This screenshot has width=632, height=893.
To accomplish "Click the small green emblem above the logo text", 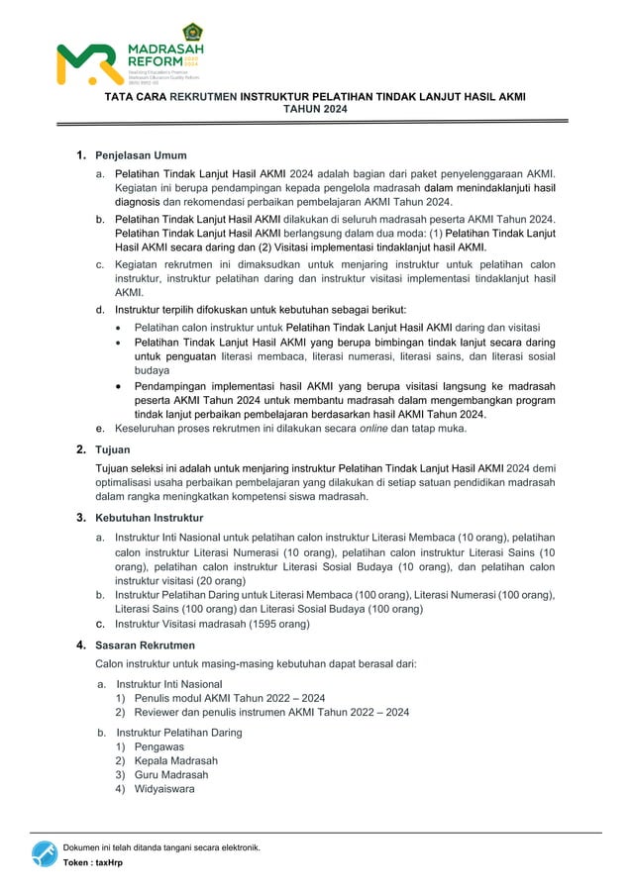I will (192, 31).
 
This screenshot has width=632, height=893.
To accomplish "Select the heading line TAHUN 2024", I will (315, 109).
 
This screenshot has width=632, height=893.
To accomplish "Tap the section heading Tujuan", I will (114, 449).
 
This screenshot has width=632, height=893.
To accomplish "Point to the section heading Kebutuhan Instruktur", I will (149, 518).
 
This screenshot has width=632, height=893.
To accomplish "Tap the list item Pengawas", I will (158, 746).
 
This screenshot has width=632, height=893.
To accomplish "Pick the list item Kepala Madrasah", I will (176, 760).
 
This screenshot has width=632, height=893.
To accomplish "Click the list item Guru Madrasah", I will (171, 775).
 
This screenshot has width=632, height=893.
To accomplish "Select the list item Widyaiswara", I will (164, 789).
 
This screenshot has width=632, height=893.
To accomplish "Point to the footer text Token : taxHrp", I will (93, 863).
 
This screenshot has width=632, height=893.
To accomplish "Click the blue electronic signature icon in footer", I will (44, 853).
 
